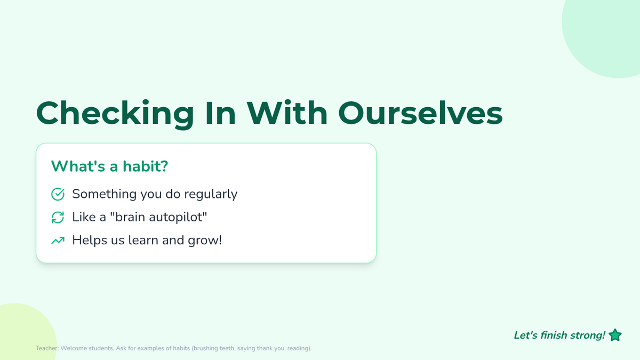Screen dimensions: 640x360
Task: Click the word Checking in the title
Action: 115,114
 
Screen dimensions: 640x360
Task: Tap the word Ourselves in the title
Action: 420,113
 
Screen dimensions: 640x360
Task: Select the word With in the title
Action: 287,113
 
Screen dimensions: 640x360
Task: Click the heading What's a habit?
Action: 109,166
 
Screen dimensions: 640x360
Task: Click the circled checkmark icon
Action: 58,194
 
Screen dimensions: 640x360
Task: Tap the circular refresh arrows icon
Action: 58,217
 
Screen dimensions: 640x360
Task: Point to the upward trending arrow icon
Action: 58,241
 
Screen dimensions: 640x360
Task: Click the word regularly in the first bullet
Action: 211,195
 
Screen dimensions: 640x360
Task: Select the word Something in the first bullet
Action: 105,195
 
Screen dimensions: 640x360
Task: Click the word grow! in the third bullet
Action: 205,241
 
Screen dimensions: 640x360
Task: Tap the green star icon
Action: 615,335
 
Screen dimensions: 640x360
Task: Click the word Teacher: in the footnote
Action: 47,348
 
